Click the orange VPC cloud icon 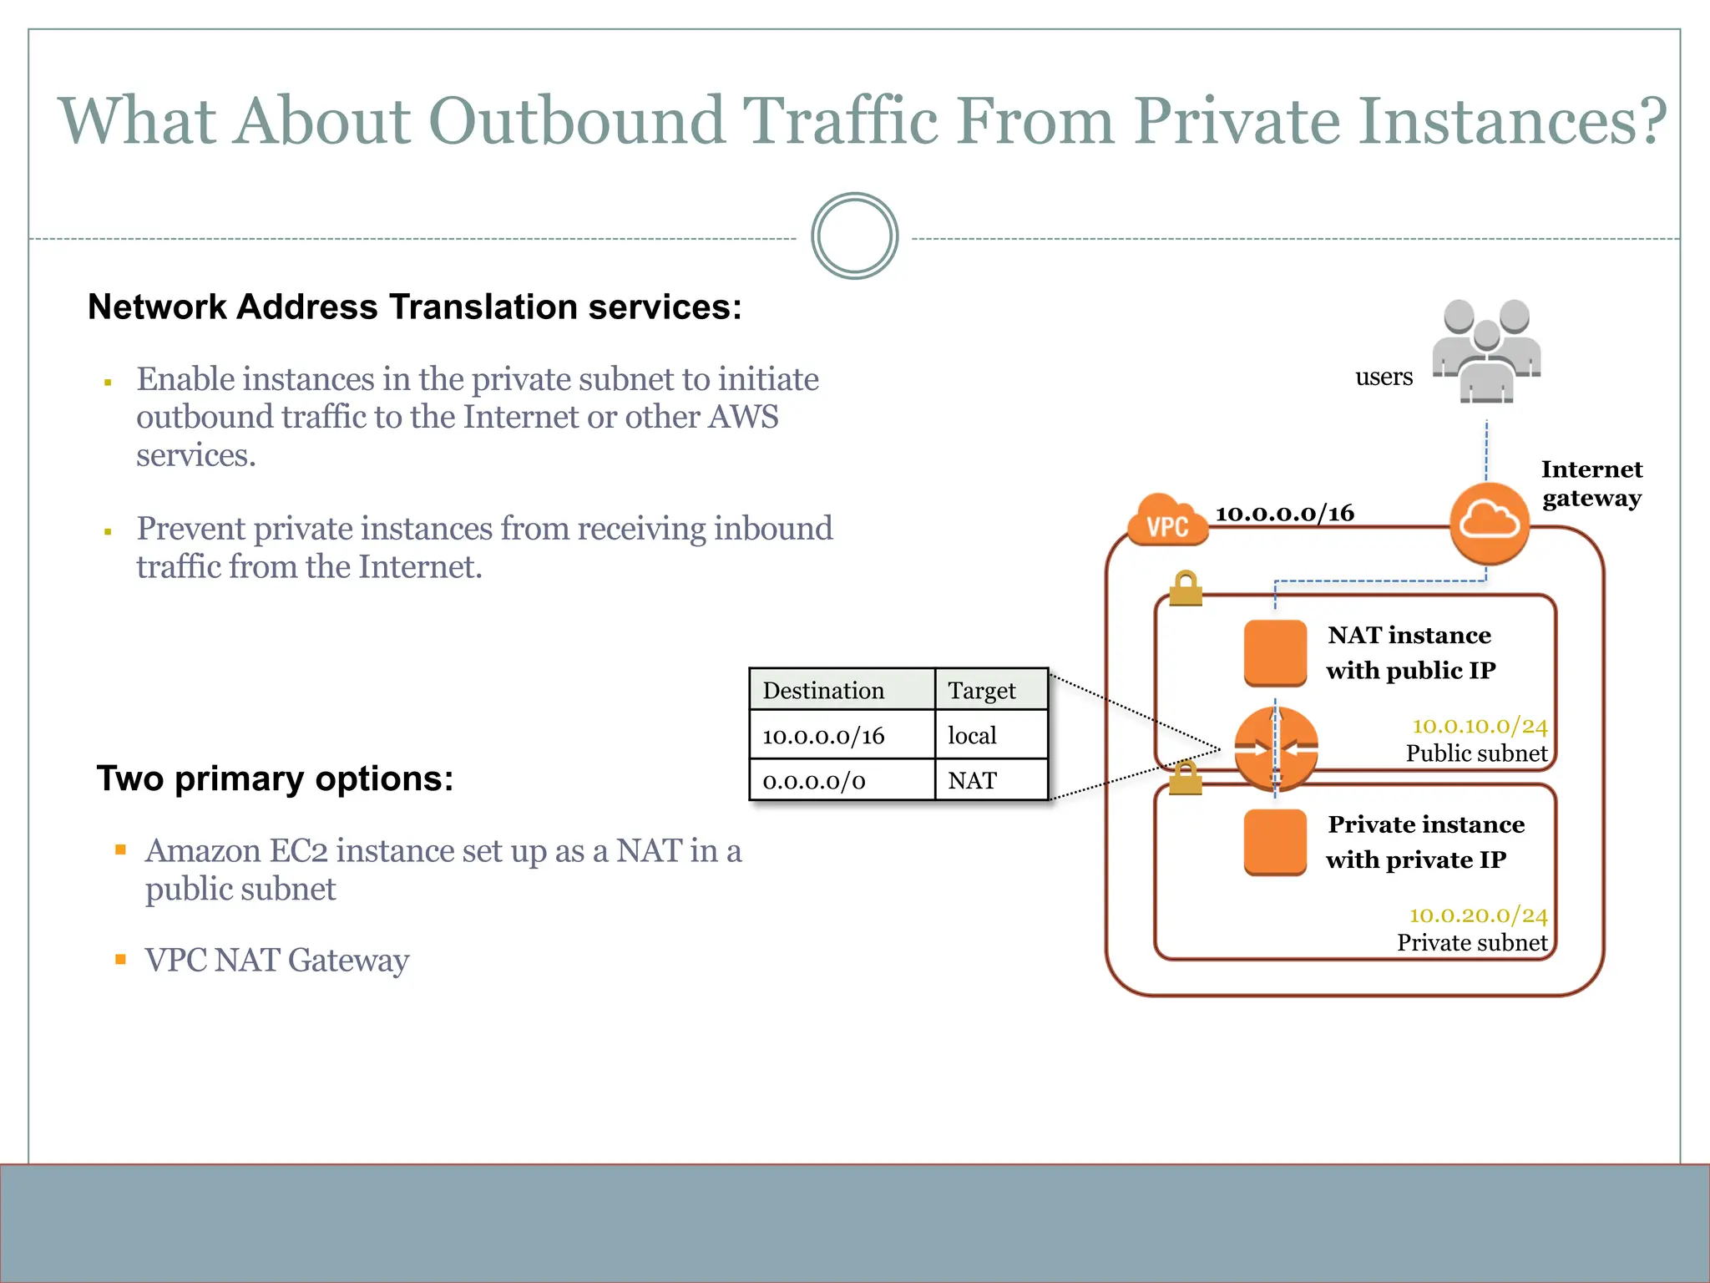1167,521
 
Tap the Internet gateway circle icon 1489,523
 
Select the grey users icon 1486,351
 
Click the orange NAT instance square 1275,652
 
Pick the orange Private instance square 1275,842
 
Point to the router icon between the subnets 1276,748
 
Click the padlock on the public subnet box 1186,589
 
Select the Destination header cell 842,690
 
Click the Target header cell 991,690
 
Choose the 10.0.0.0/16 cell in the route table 842,735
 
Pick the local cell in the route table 991,735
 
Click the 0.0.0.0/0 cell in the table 842,781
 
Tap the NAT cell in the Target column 991,781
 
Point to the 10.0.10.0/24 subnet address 1480,726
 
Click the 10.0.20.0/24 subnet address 1478,915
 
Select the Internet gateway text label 1591,484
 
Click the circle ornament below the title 854,236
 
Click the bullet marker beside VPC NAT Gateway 121,960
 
